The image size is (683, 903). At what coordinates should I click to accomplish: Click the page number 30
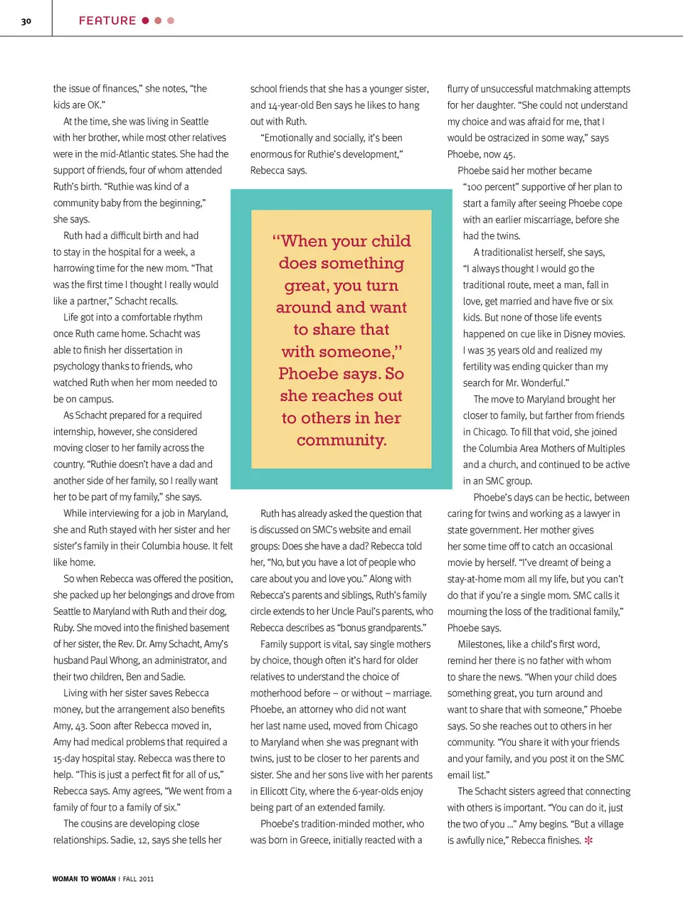click(26, 21)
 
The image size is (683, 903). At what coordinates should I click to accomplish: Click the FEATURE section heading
click(107, 21)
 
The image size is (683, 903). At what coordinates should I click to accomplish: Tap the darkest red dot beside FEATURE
click(145, 21)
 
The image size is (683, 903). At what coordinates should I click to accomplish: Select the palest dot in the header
click(171, 21)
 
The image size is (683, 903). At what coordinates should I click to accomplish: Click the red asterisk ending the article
click(588, 840)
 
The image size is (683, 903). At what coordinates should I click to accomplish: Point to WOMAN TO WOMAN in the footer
click(84, 879)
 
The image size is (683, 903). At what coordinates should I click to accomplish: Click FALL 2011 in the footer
click(138, 879)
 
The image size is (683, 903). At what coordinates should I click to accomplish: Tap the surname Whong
click(125, 661)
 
